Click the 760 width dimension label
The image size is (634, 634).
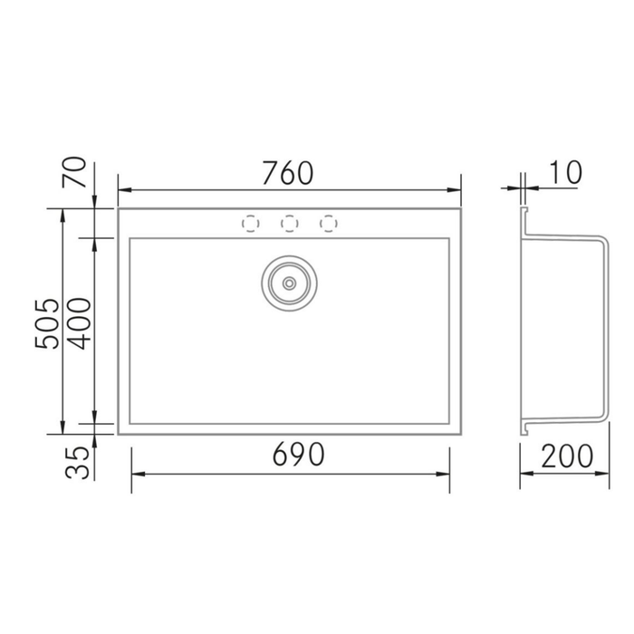tap(287, 171)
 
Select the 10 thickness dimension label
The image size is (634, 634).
tap(564, 171)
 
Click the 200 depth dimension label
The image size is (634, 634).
tap(568, 455)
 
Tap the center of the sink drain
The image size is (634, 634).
tap(289, 282)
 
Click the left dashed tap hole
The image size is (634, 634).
tap(250, 222)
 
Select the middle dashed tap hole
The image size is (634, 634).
tap(290, 222)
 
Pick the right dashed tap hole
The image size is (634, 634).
tap(329, 222)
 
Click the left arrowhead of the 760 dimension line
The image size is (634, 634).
tap(123, 190)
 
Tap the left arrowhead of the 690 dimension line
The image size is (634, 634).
tap(137, 474)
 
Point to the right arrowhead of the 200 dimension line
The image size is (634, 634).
tap(604, 474)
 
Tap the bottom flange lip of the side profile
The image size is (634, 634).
tap(526, 425)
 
